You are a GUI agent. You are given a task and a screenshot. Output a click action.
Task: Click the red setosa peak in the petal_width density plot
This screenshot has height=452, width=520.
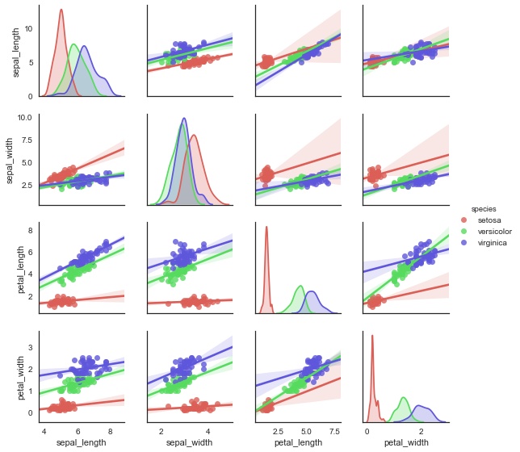pyautogui.click(x=372, y=337)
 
